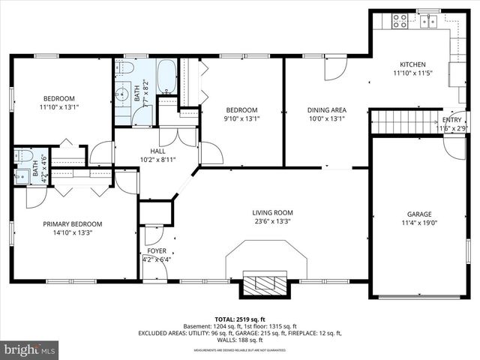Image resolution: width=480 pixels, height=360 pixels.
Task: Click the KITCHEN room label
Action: (412, 64)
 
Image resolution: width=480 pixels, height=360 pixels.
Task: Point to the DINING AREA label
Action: (326, 109)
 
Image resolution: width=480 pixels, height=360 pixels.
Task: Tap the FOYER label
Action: (157, 250)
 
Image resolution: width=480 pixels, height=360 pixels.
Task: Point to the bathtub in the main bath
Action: (166, 76)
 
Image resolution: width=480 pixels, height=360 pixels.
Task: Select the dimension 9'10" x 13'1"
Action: (242, 118)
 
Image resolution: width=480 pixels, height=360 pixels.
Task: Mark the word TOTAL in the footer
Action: (226, 319)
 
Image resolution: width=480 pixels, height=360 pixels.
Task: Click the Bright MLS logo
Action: (30, 349)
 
